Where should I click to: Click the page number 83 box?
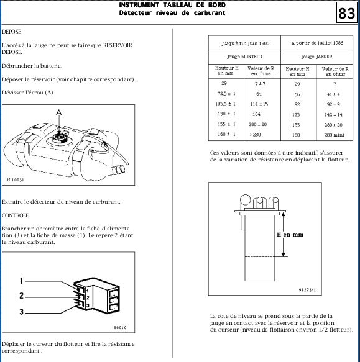(x=346, y=12)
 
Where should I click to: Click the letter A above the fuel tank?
(x=59, y=112)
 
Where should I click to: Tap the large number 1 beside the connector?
(x=21, y=281)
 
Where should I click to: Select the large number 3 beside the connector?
(x=22, y=312)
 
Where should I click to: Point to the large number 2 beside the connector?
(x=22, y=296)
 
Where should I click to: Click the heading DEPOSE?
(x=12, y=32)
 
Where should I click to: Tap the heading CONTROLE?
(x=16, y=215)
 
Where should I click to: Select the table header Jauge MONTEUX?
(x=244, y=57)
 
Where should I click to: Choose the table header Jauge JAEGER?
(x=316, y=57)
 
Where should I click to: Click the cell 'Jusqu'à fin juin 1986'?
(x=245, y=43)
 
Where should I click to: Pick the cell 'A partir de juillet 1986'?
(x=317, y=43)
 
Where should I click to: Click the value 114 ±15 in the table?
(x=259, y=104)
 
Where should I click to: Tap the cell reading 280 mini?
(x=334, y=135)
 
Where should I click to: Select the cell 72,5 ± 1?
(x=226, y=94)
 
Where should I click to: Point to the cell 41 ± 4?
(x=333, y=94)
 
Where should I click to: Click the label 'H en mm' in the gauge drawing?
(x=290, y=235)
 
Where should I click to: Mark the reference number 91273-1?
(x=307, y=290)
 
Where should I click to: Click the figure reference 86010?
(x=120, y=328)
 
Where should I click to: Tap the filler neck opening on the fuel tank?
(x=120, y=170)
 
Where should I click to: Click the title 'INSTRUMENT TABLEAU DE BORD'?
(x=172, y=5)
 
